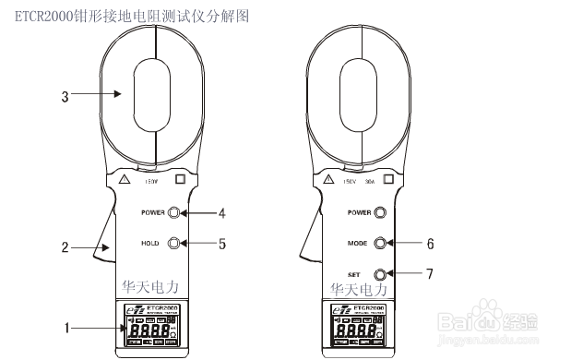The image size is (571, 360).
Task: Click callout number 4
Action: (221, 213)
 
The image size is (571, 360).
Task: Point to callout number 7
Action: (429, 274)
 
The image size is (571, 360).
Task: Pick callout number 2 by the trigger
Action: (65, 247)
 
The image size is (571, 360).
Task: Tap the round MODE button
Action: (379, 244)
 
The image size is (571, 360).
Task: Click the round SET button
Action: (379, 274)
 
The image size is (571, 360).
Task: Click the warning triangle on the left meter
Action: (125, 178)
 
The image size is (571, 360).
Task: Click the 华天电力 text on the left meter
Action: (152, 289)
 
